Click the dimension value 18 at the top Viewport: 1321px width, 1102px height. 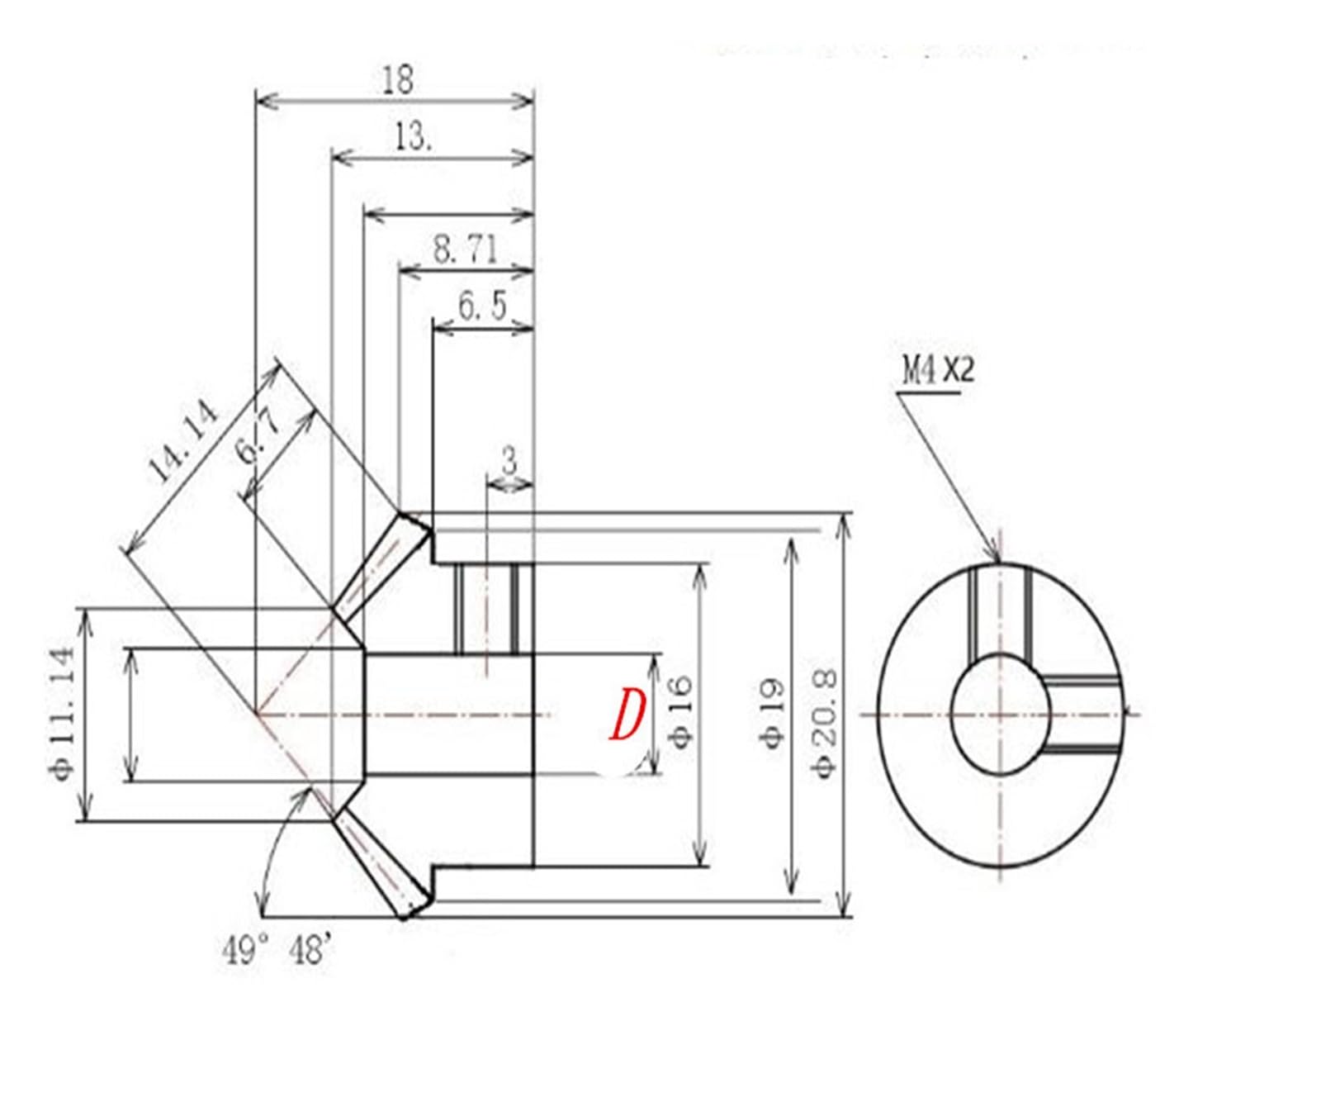coord(398,80)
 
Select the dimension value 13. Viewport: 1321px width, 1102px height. coord(413,137)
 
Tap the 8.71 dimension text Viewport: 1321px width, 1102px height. coord(466,249)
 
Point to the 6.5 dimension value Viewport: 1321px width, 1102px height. coord(483,306)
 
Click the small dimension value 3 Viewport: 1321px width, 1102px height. coord(509,460)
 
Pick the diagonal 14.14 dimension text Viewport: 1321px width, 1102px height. coord(184,442)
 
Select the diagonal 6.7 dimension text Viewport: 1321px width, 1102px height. coord(261,439)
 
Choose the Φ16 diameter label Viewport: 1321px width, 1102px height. coord(680,712)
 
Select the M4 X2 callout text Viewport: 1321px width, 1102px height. coord(938,370)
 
